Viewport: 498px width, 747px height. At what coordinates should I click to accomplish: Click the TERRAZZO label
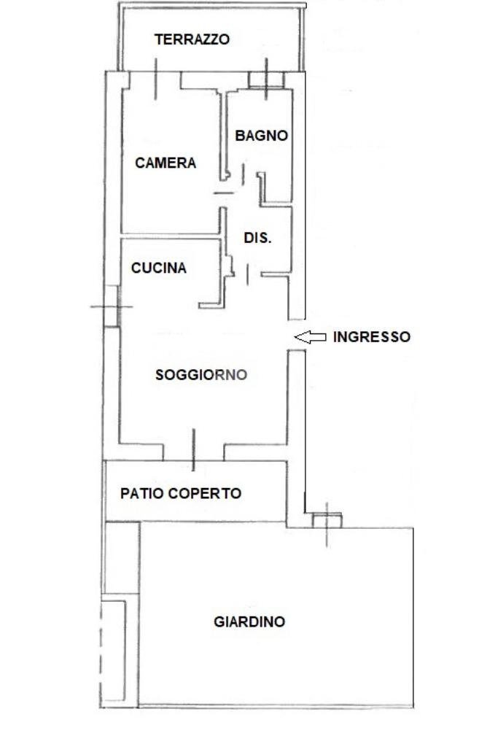coord(192,39)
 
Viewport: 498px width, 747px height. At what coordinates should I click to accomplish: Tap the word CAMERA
coord(166,163)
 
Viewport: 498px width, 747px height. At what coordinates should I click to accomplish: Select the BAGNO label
coord(261,136)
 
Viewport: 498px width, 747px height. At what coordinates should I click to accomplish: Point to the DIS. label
coord(257,238)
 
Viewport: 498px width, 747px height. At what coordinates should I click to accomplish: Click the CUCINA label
coord(158,268)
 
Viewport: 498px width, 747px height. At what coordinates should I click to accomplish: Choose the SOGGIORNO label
coord(201,375)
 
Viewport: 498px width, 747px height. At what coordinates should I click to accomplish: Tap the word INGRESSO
coord(371,337)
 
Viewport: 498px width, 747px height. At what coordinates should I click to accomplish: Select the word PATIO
coord(143,494)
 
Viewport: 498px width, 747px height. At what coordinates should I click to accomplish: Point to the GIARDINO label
coord(249,622)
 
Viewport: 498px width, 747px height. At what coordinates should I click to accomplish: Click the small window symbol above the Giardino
coord(327,520)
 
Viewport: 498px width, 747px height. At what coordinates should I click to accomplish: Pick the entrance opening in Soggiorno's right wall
coord(296,336)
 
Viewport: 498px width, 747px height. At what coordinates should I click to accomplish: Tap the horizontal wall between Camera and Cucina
coord(171,236)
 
